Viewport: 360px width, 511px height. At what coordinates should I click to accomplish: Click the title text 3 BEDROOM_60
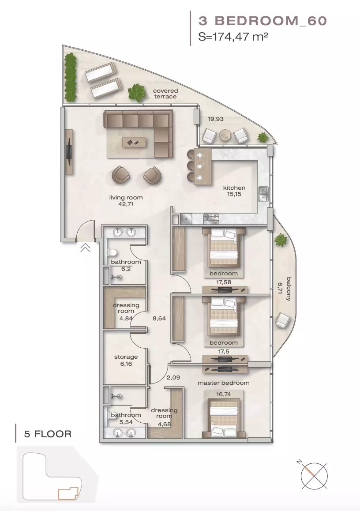(x=262, y=20)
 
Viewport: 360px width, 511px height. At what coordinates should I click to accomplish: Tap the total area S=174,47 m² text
(x=234, y=37)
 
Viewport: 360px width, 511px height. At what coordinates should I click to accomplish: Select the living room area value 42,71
(x=126, y=204)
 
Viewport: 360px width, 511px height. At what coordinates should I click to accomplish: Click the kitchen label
(x=234, y=188)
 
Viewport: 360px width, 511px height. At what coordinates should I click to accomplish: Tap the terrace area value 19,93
(x=216, y=119)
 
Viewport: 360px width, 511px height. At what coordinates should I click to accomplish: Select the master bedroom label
(x=223, y=383)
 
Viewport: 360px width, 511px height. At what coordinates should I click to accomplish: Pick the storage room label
(x=126, y=357)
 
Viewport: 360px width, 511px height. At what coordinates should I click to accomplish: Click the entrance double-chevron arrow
(x=85, y=248)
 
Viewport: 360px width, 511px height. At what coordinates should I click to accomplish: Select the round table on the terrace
(x=225, y=135)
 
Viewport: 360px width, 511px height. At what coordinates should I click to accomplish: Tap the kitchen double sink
(x=263, y=193)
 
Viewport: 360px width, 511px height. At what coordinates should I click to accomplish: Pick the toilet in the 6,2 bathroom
(x=112, y=253)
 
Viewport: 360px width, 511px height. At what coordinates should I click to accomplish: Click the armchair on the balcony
(x=281, y=321)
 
